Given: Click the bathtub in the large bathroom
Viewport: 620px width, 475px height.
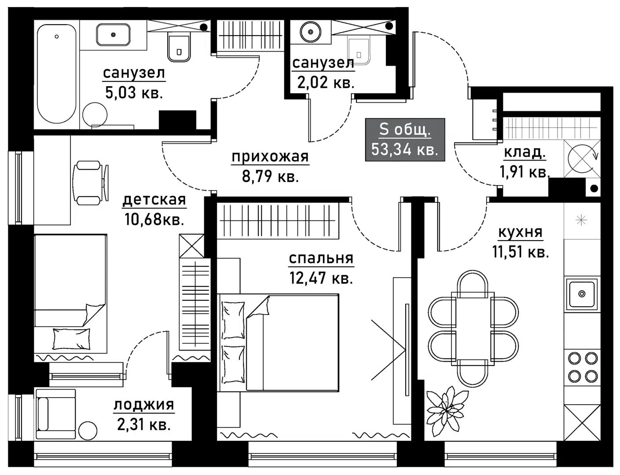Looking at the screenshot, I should coord(56,74).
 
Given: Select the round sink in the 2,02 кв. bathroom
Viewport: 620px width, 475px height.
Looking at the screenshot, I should coord(311,32).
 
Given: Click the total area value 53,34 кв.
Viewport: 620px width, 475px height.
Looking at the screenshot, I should coord(404,150).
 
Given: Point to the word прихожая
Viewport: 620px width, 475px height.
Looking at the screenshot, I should coord(270,157).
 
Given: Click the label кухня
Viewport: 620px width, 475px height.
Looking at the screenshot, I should coord(520,232).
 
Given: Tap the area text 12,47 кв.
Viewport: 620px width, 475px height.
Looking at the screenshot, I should coord(321,278).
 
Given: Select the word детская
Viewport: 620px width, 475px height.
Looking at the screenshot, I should coord(154,200).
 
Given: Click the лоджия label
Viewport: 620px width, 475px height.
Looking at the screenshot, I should coord(144,405).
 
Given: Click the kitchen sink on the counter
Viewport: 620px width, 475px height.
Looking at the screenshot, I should coord(582,294).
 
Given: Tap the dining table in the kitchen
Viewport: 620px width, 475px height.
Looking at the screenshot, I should coord(473,328).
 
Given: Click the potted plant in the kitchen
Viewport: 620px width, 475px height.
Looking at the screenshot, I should coord(447,407).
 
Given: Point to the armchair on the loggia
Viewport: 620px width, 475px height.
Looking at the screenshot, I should coord(56,414).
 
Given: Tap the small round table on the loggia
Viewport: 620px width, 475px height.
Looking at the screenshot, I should coord(88,430).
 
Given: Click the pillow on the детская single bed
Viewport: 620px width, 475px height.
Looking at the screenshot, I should coord(71,339).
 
